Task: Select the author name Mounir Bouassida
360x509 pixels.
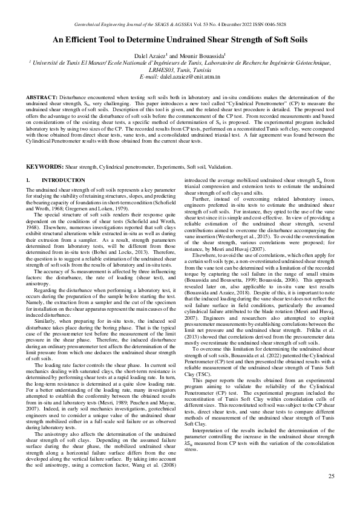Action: click(203, 56)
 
